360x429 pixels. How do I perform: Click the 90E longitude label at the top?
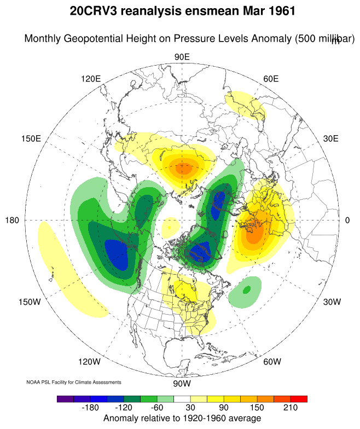182,57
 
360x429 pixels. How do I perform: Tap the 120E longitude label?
91,79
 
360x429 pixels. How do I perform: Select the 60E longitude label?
271,79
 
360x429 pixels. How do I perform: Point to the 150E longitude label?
31,139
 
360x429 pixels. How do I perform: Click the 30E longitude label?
330,139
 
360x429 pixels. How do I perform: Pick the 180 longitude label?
13,221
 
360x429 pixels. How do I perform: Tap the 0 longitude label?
347,221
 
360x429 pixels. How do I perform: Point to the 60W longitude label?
272,362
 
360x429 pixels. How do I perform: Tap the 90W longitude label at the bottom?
182,383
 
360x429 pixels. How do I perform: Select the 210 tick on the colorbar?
290,408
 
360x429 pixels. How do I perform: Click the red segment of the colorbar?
299,399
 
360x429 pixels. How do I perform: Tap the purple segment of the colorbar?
65,399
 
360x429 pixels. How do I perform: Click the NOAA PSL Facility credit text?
74,382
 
